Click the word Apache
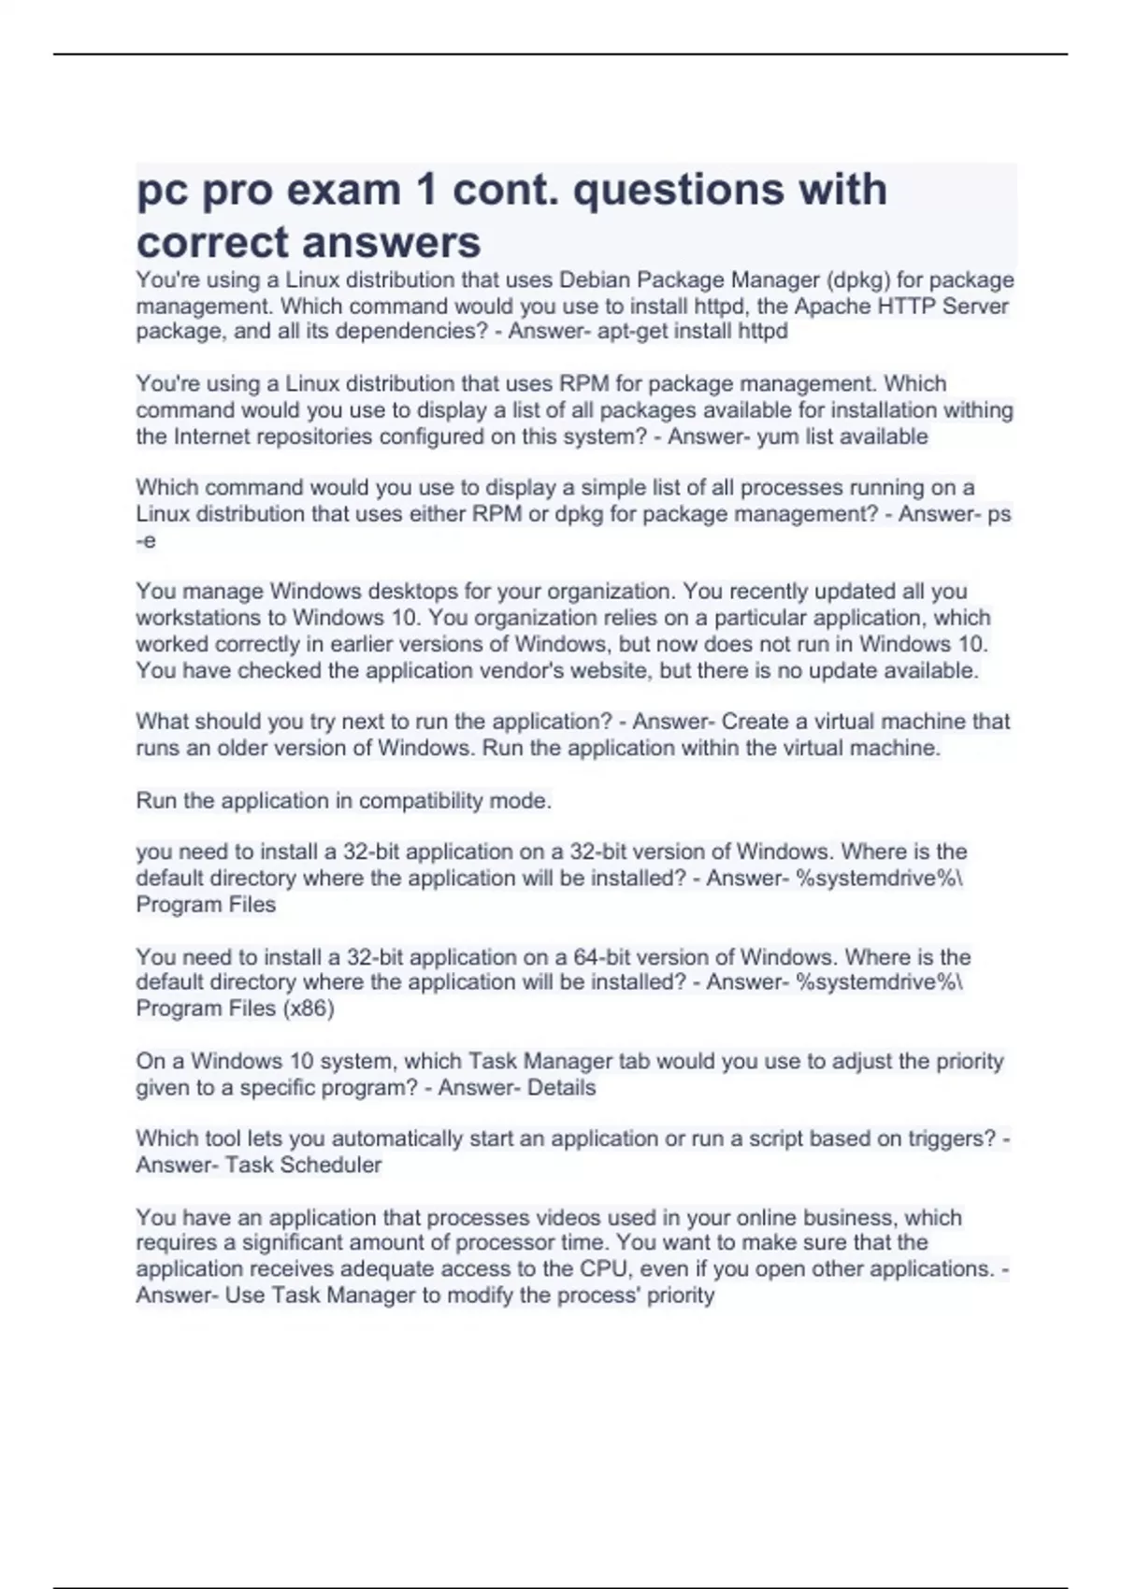[832, 306]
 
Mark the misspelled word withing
[978, 410]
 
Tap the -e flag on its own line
[146, 540]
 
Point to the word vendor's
[560, 670]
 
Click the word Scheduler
[331, 1165]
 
